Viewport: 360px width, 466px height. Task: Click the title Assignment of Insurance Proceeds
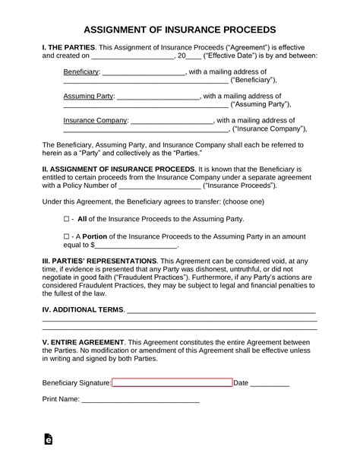(179, 30)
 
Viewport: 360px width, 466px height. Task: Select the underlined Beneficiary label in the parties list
(81, 71)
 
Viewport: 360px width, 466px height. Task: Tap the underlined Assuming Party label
(89, 97)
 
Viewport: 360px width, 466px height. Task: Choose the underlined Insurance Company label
(95, 120)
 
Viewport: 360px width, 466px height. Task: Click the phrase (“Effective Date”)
(229, 55)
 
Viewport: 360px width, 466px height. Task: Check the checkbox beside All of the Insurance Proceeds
(66, 218)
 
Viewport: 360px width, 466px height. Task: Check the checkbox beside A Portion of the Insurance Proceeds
(66, 236)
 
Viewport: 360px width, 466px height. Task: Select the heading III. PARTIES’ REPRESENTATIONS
(106, 260)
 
